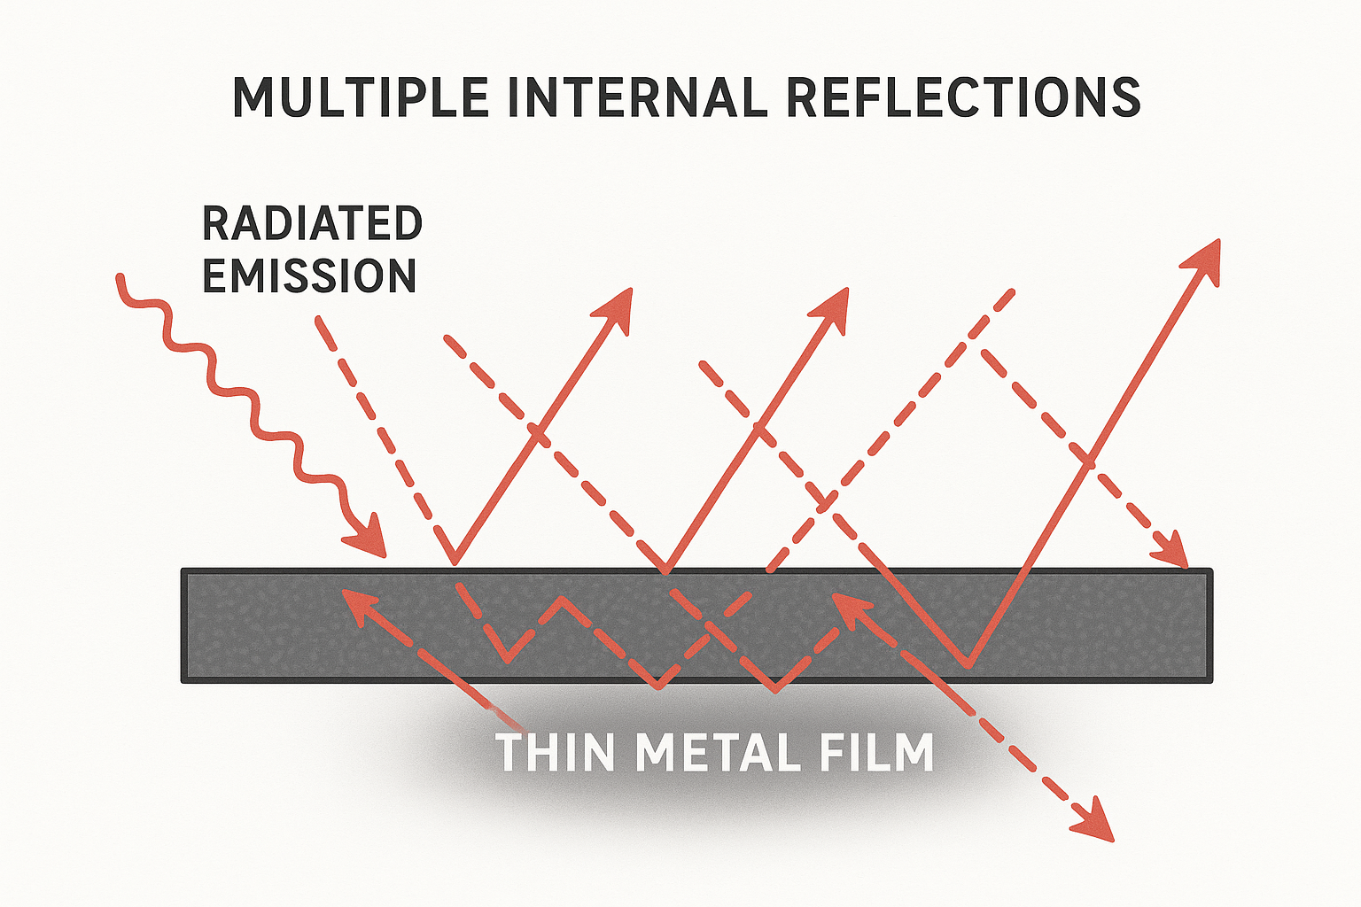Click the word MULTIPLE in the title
click(360, 97)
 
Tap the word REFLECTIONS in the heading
click(962, 97)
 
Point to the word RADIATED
click(312, 223)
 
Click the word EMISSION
click(309, 276)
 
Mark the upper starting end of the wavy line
click(120, 277)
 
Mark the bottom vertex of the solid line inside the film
click(968, 664)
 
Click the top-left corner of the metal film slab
click(183, 570)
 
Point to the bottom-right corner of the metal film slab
click(1210, 680)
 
